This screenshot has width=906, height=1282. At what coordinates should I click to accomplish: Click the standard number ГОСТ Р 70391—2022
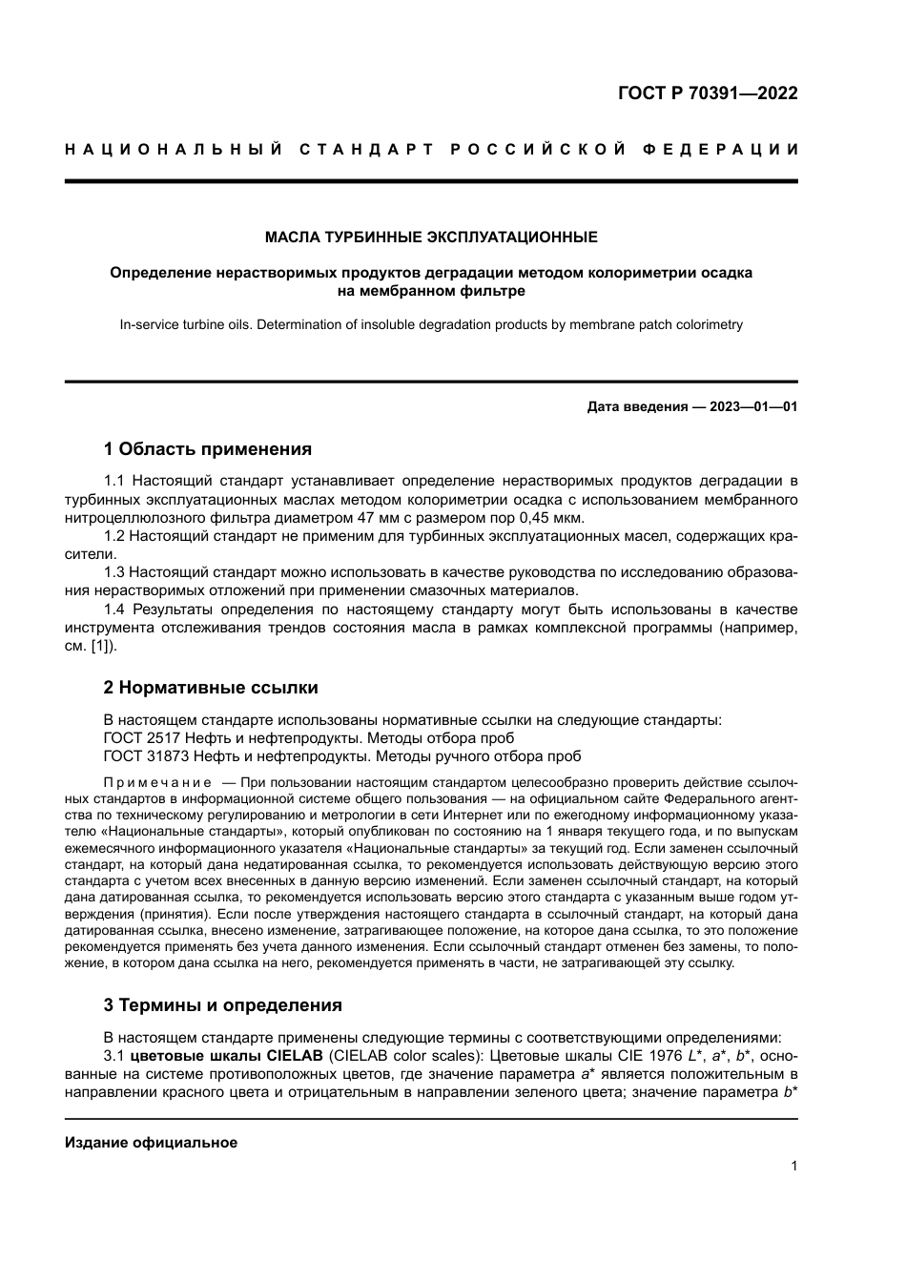coord(708,93)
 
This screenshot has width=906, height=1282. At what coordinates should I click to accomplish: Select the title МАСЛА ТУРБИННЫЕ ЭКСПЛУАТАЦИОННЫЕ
coord(431,237)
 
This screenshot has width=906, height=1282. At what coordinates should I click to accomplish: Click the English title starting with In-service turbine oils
coord(431,324)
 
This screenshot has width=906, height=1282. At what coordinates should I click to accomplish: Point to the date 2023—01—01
coord(753,406)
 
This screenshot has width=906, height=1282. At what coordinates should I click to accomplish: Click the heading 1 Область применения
coord(207,449)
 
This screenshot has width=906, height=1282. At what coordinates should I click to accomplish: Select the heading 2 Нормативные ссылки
coord(210,688)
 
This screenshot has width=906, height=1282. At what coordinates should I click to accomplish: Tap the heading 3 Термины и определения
coord(222,1005)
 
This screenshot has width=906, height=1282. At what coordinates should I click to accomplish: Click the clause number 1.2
coord(114,536)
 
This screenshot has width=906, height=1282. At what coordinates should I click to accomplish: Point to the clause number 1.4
coord(114,610)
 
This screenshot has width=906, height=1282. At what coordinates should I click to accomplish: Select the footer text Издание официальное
coord(151,1143)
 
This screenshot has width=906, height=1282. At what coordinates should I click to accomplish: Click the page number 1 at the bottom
coord(793,1166)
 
